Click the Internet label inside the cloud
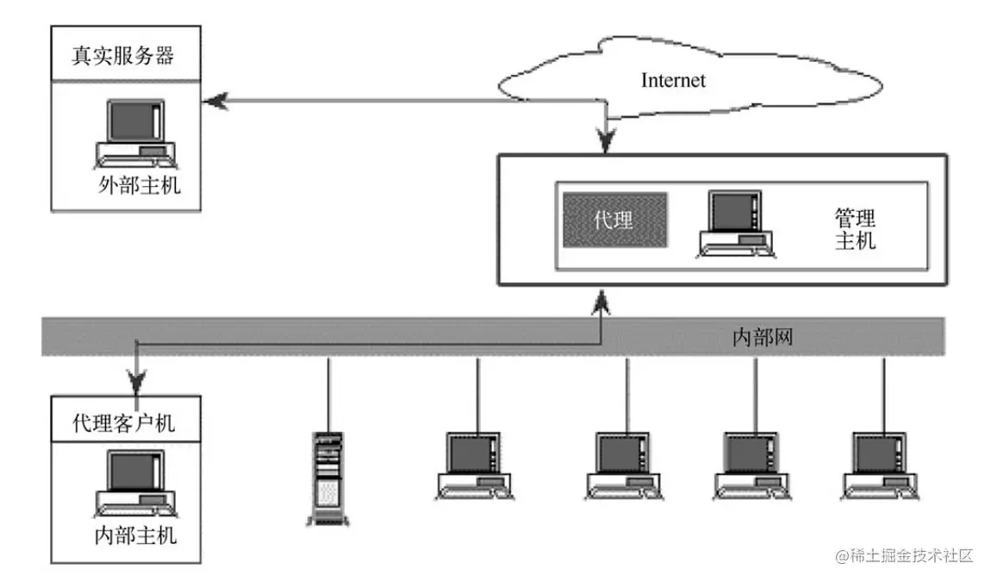(x=673, y=80)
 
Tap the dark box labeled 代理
(x=614, y=220)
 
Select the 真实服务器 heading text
(x=122, y=57)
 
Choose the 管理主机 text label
(x=855, y=229)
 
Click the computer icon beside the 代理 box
(x=735, y=224)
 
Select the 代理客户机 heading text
(x=124, y=423)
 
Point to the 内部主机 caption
(x=135, y=535)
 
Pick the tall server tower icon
(x=327, y=478)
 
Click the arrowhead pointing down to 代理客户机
(x=135, y=377)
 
